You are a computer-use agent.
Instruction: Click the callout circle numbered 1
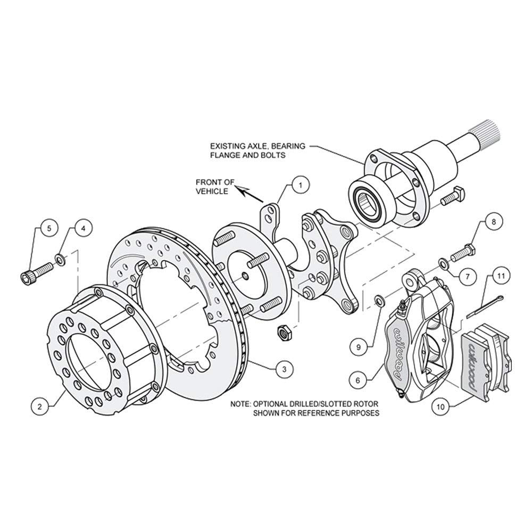click(x=300, y=185)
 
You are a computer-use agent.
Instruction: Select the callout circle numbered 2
click(x=40, y=406)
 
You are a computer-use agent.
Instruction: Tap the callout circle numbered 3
click(x=284, y=369)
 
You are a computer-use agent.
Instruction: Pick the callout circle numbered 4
click(x=84, y=228)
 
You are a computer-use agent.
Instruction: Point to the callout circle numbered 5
click(x=49, y=228)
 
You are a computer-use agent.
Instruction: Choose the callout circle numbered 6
click(x=358, y=381)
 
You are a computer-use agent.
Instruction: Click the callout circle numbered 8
click(x=494, y=221)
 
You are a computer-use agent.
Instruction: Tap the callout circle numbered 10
click(x=440, y=407)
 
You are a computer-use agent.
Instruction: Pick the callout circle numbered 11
click(x=501, y=276)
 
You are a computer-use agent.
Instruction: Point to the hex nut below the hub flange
click(x=284, y=332)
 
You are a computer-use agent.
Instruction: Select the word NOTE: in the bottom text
click(x=240, y=404)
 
